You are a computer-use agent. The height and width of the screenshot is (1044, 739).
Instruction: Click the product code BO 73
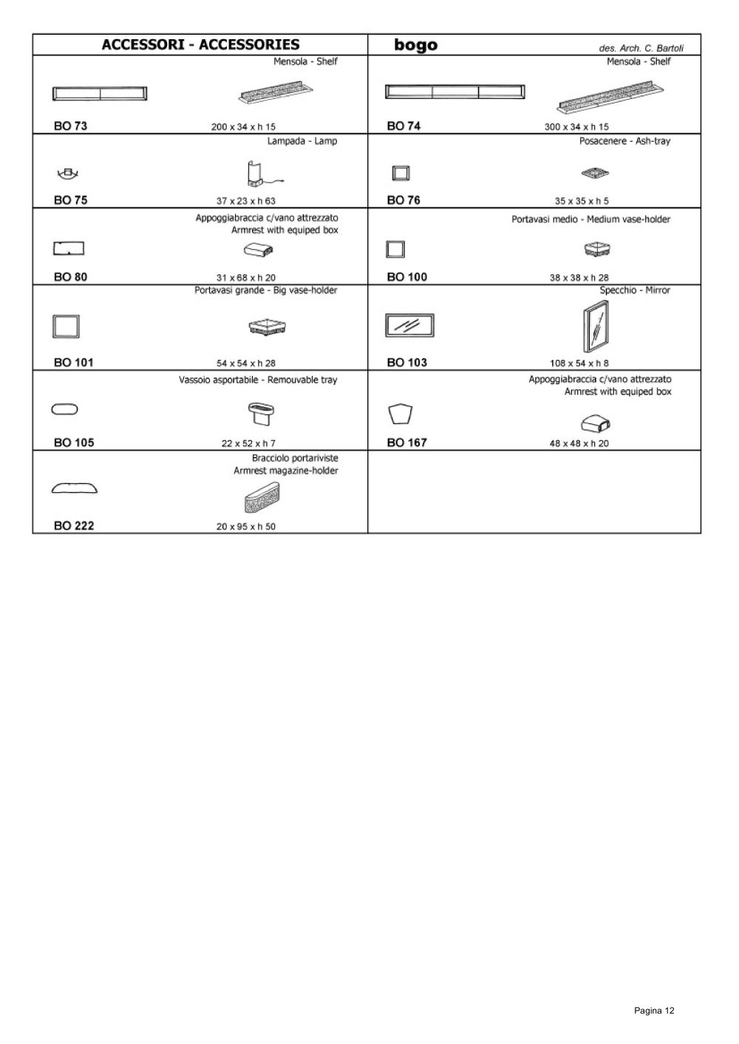click(x=70, y=126)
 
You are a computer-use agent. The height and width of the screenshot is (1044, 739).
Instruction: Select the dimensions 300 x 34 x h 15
click(x=576, y=127)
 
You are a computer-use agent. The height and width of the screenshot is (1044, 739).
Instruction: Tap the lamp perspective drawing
click(x=263, y=174)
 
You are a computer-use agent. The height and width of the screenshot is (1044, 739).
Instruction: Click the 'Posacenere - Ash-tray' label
click(x=624, y=141)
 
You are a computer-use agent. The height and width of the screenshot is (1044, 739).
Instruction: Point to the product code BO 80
click(x=70, y=277)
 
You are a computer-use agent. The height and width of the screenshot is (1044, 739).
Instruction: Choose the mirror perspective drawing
click(x=596, y=327)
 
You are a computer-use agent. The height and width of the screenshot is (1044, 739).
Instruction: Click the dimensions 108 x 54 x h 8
click(x=579, y=363)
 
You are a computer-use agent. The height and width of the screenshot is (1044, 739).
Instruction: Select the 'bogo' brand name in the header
click(x=416, y=45)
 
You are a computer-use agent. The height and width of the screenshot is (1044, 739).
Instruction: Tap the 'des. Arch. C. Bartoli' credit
click(x=641, y=48)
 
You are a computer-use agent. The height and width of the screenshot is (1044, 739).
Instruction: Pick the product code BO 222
click(x=74, y=526)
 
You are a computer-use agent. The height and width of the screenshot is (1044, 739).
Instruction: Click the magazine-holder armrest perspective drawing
click(x=262, y=497)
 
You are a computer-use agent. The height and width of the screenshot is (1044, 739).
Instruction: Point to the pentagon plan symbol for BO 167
click(x=401, y=414)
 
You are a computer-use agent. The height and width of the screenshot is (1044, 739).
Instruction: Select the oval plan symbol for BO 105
click(x=65, y=409)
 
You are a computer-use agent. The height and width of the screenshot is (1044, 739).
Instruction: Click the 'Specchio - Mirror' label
click(x=635, y=290)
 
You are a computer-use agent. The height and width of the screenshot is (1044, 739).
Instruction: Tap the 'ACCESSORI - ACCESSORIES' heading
click(x=200, y=45)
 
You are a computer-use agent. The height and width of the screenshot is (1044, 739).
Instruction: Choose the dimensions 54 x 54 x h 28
click(x=245, y=363)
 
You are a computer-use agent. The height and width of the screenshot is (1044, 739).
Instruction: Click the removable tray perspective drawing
click(x=261, y=414)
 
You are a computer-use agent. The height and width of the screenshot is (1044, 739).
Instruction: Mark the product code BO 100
click(x=407, y=277)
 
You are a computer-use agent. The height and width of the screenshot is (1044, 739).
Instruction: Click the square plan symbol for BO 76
click(x=401, y=174)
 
